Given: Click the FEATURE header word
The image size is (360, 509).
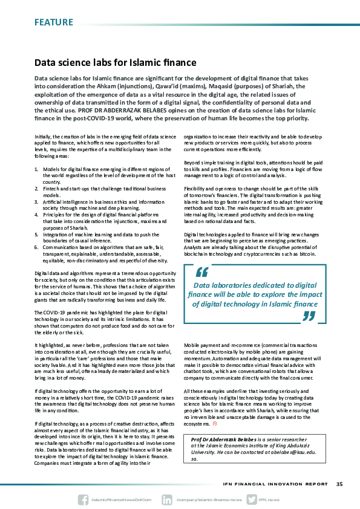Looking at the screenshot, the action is coord(53,22).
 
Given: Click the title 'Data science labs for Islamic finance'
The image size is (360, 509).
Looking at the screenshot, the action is coord(115,62).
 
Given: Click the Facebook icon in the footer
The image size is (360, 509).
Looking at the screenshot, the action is coord(83,500).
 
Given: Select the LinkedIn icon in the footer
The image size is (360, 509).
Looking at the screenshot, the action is coord(167,500).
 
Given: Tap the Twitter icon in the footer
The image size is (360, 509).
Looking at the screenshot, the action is coord(250,500).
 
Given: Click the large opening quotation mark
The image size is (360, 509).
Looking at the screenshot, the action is coord(201,274).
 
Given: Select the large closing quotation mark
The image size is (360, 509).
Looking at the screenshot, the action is coord(309,316).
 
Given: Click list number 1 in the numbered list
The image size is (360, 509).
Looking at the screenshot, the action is coord(36,169).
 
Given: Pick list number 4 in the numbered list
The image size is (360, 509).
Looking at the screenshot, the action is coord(36,215).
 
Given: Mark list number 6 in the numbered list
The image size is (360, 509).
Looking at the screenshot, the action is coord(36,247).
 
